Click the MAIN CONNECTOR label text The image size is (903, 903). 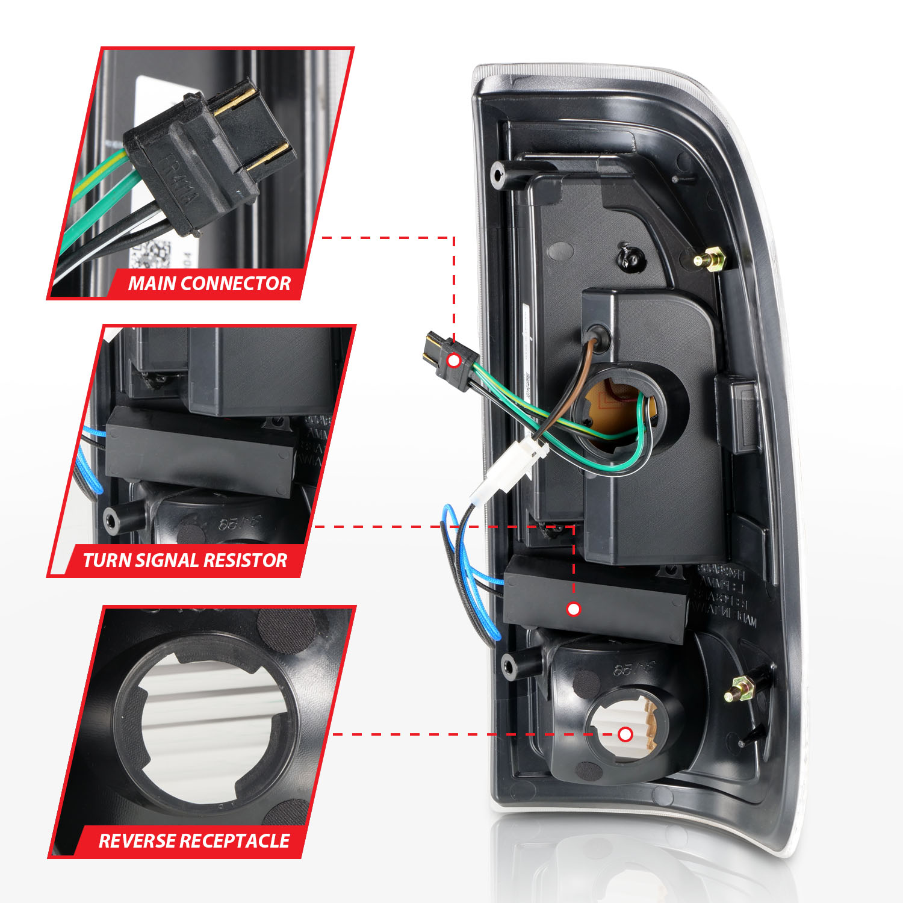[209, 283]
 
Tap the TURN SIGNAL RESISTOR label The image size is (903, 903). [185, 560]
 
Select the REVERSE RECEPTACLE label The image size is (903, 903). [194, 840]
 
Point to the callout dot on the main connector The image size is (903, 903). [454, 361]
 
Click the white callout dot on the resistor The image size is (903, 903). [574, 609]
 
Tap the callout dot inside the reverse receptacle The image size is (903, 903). [625, 734]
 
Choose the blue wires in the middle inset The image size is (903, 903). [84, 464]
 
